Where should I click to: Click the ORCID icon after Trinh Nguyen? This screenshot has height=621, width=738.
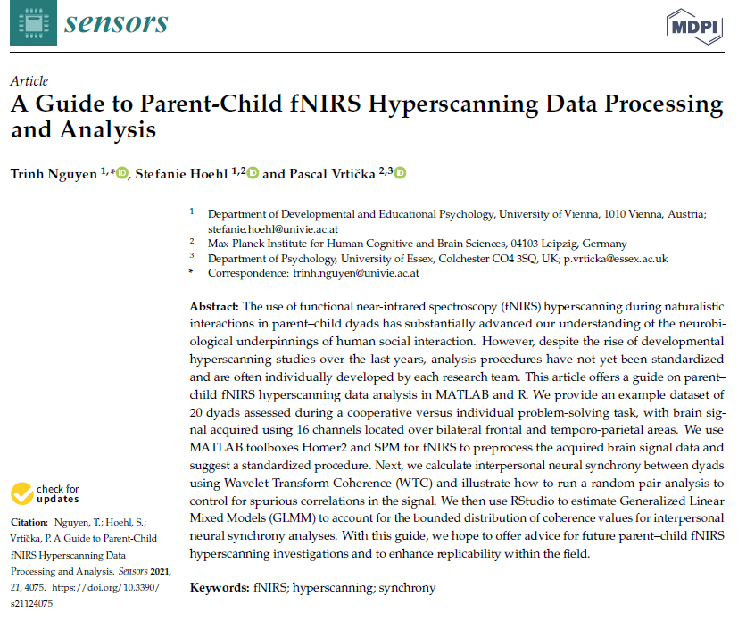tap(122, 173)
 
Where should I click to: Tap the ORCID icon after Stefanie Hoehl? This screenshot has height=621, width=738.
tap(253, 173)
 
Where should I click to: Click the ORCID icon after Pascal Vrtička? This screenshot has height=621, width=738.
tap(400, 173)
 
